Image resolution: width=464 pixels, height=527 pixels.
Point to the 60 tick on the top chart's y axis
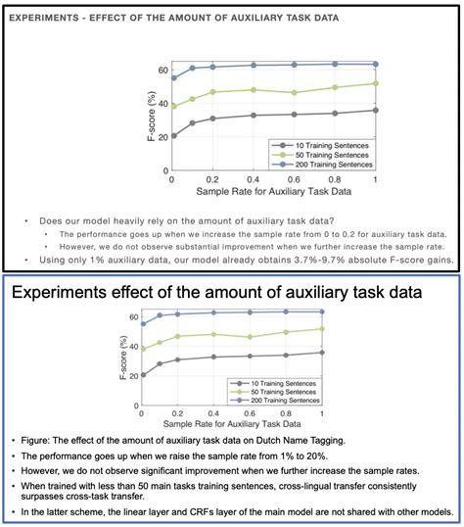162,71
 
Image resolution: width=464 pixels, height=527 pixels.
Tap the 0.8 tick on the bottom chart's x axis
286,415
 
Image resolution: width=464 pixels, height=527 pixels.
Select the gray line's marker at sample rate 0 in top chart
174,135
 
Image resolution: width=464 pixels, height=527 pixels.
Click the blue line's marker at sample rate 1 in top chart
375,64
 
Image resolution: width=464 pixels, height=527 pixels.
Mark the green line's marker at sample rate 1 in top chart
375,83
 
